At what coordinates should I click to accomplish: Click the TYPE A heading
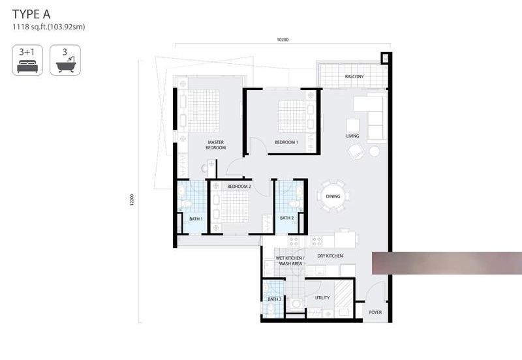[31, 14]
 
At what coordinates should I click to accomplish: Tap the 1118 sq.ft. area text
[48, 27]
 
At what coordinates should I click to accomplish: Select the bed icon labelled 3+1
[27, 60]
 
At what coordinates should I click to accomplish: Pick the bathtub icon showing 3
[65, 60]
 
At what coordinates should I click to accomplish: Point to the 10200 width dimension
[283, 40]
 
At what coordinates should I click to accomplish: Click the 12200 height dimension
[132, 200]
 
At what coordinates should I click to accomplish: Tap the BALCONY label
[354, 76]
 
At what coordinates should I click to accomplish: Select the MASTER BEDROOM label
[216, 145]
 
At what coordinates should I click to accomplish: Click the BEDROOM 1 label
[286, 142]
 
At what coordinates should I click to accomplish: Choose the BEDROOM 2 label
[239, 187]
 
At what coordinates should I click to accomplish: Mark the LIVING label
[352, 136]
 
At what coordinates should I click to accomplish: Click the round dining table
[333, 196]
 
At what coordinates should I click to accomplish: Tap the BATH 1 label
[196, 219]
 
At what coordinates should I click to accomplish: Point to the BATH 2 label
[286, 218]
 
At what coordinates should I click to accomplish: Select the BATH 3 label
[274, 299]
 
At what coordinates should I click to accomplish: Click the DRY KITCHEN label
[330, 256]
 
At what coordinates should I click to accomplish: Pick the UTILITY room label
[322, 298]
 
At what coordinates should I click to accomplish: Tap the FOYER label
[375, 312]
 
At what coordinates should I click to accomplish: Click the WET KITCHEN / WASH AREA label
[290, 261]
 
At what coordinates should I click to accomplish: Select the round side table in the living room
[374, 151]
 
